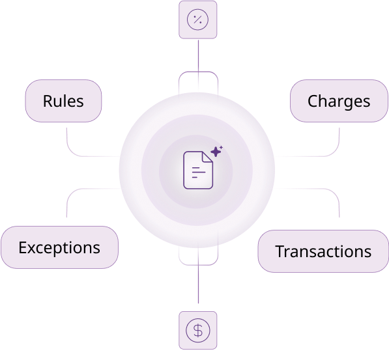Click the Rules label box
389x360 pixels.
point(63,101)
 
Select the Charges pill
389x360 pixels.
point(339,101)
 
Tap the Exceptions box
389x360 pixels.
point(59,247)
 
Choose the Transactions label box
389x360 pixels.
point(323,251)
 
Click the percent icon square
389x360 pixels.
point(198,20)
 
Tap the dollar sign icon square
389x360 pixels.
point(198,330)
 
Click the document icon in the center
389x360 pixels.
point(198,170)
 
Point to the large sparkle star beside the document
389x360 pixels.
point(216,152)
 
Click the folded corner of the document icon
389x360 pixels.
point(207,157)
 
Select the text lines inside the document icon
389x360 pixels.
point(199,173)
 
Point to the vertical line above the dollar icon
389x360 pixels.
point(198,273)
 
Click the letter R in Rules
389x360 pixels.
point(48,101)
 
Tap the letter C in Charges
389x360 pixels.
point(313,101)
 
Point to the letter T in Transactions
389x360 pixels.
point(281,251)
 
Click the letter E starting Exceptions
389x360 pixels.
point(23,247)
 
